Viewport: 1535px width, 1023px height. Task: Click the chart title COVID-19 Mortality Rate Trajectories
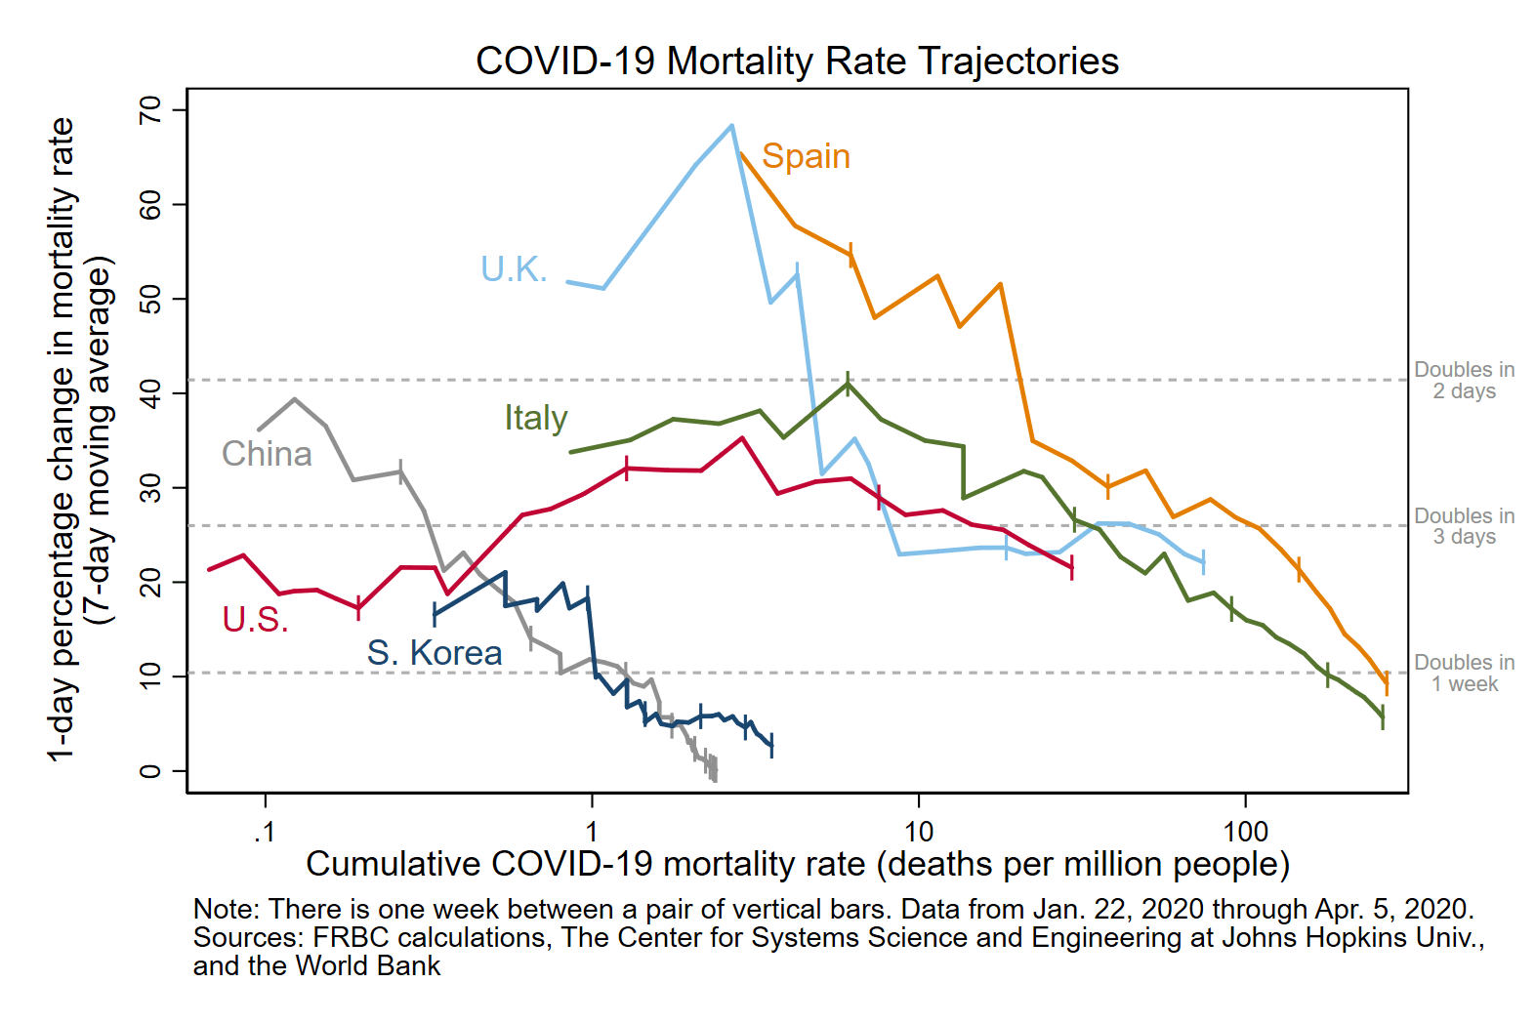797,61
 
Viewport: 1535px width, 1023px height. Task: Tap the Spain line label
806,156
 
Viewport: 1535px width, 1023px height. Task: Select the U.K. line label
514,268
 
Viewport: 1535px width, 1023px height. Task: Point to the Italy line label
536,417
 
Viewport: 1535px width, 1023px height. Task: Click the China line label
267,454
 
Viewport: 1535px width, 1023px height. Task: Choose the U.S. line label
255,620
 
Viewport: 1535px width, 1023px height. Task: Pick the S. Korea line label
435,652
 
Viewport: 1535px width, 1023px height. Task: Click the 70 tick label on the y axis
150,109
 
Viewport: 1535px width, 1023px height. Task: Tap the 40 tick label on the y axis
150,393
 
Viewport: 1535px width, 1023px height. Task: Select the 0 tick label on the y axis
150,771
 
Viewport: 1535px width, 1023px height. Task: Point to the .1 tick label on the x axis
265,832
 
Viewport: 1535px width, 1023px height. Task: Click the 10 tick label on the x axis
918,832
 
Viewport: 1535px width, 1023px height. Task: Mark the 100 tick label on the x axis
1245,832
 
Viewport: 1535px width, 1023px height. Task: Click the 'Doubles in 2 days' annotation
1465,381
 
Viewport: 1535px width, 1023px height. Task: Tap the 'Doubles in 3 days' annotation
1465,525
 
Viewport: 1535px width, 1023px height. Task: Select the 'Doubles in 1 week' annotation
1465,673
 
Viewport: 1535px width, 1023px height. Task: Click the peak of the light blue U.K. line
732,125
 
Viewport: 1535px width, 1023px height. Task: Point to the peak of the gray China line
295,399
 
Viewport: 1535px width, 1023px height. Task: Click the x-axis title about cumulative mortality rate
798,865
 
